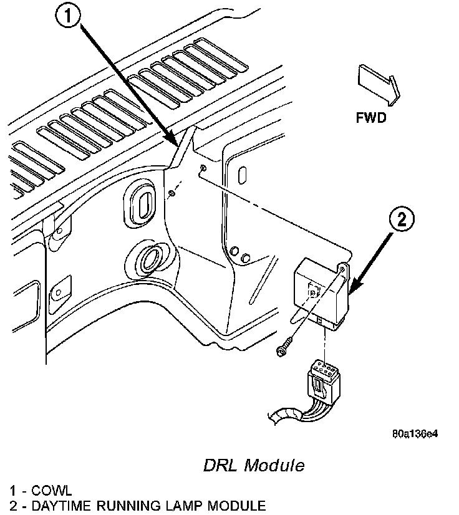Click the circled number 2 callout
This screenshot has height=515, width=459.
pyautogui.click(x=403, y=219)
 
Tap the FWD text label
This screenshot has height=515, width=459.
pyautogui.click(x=370, y=117)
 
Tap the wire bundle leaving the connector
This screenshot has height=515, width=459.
pyautogui.click(x=287, y=413)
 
